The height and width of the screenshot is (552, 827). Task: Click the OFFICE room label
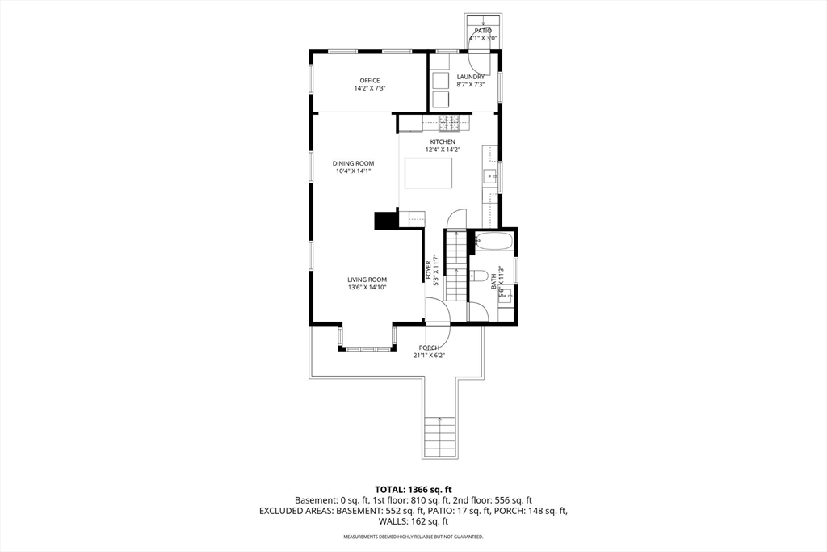coord(370,81)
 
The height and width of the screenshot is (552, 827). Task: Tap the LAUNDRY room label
coord(471,77)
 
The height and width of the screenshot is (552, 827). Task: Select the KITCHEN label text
coord(443,142)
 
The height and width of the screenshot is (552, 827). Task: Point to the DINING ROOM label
coord(354,163)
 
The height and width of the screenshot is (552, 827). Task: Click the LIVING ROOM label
coord(367,280)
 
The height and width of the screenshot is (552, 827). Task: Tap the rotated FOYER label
coord(428,270)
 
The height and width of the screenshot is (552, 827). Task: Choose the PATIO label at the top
coord(483,32)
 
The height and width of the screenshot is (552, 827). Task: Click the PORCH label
coord(430,348)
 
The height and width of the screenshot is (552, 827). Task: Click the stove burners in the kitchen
coord(449,123)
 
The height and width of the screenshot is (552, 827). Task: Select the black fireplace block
coord(385,221)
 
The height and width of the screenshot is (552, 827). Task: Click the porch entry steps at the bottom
coord(439,436)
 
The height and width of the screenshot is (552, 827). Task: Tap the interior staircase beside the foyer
coord(456,265)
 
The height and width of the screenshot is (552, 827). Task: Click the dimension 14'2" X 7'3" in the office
coord(370,89)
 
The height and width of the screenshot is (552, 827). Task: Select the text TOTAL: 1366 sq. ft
coord(413,490)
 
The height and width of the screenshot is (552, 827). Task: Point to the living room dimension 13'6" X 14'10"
coord(367,288)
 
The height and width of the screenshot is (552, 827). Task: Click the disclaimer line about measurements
coord(413,537)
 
